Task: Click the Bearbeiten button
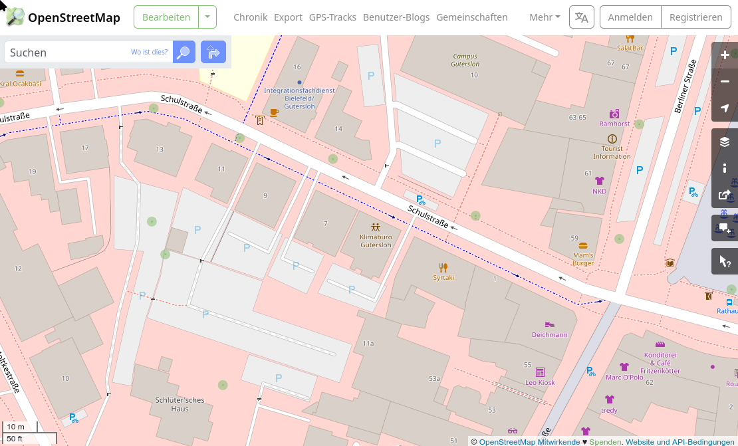tap(166, 17)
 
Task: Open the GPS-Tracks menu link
tap(332, 17)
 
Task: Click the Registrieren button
tap(695, 17)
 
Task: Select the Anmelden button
tap(631, 17)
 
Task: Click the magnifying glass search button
tap(184, 52)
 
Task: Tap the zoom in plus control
tap(725, 55)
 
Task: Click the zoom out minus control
tap(725, 82)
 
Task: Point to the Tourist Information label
tap(612, 152)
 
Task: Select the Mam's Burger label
tap(583, 259)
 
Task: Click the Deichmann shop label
tap(550, 334)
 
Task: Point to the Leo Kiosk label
tap(540, 382)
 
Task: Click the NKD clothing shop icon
tap(600, 181)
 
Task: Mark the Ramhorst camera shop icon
tap(614, 114)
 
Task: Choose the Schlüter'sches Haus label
tap(180, 404)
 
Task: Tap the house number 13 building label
tap(160, 150)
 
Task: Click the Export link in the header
tap(288, 17)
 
